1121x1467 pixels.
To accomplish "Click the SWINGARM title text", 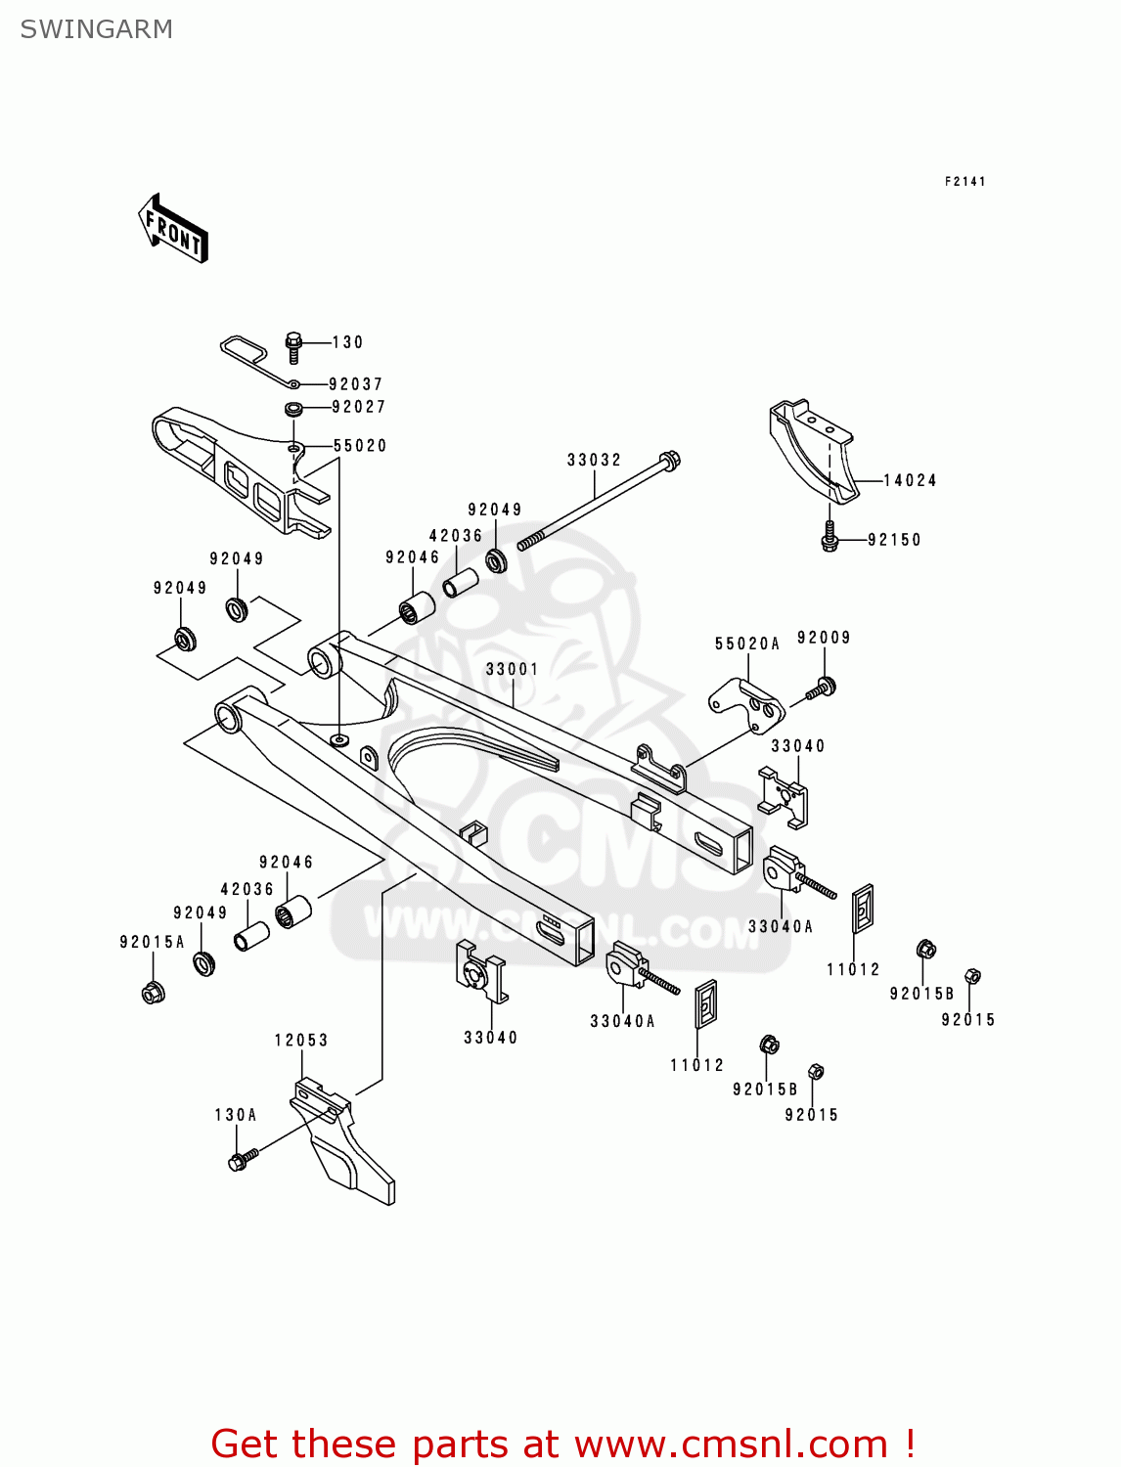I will point(96,29).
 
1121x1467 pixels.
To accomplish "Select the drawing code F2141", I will point(964,182).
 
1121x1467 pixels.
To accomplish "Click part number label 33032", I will point(594,460).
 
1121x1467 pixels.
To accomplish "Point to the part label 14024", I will point(910,480).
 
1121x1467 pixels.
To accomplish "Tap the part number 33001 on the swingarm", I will point(512,669).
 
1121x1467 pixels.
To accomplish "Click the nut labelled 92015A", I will point(153,993).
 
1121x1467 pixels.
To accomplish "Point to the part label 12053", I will point(301,1040).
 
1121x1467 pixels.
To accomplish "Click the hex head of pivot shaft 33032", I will point(670,460).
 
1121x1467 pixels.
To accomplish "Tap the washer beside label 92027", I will point(292,408).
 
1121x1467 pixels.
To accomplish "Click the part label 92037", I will point(355,384).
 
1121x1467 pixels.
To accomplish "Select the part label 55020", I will point(360,446).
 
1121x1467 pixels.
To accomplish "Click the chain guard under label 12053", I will point(342,1144).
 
